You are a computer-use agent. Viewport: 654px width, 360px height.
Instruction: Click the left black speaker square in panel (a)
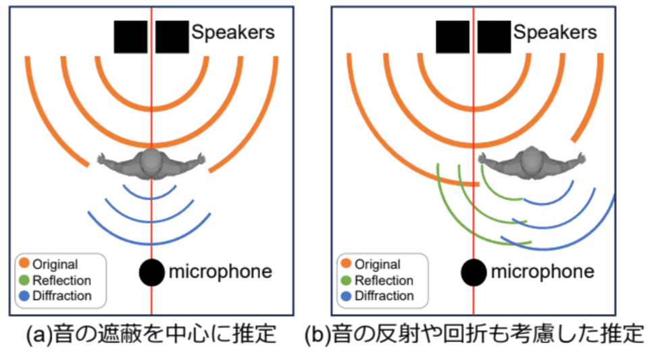coord(130,36)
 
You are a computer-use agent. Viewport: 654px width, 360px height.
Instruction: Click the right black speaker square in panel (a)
coord(172,36)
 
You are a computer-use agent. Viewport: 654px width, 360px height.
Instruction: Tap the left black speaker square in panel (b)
coord(453,36)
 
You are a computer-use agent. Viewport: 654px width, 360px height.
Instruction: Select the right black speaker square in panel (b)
coord(495,36)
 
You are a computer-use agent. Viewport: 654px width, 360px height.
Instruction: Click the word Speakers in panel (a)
coord(233,32)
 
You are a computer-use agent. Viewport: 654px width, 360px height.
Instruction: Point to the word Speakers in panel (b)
coord(555,32)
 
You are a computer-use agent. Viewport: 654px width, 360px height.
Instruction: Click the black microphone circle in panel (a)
coord(152,272)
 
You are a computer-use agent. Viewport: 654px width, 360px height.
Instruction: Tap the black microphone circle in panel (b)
coord(474,272)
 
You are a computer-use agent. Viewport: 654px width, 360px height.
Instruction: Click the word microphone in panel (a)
coord(220,272)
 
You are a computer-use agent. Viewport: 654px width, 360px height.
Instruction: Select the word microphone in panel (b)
coord(543,272)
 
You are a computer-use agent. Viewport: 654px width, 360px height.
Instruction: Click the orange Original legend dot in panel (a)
coord(24,264)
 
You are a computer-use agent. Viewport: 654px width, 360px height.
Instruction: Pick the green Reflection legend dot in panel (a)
coord(24,280)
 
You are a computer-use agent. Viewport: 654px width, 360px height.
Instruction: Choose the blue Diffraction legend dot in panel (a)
coord(24,295)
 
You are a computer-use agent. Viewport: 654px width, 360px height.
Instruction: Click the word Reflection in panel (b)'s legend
coord(384,280)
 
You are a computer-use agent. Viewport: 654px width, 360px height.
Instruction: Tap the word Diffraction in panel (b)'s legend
coord(384,295)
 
